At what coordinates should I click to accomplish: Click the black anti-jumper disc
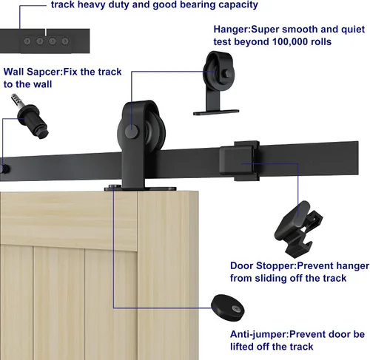pyautogui.click(x=227, y=308)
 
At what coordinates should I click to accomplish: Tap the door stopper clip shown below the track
pyautogui.click(x=298, y=228)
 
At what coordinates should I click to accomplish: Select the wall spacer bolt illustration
pyautogui.click(x=30, y=116)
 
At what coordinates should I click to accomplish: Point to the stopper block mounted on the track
pyautogui.click(x=240, y=160)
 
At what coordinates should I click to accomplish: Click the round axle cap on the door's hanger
pyautogui.click(x=132, y=132)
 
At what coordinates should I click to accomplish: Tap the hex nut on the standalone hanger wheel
pyautogui.click(x=226, y=73)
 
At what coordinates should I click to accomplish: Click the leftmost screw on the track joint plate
pyautogui.click(x=27, y=41)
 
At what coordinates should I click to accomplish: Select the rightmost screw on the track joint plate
pyautogui.click(x=65, y=41)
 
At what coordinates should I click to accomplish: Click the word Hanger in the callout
pyautogui.click(x=232, y=30)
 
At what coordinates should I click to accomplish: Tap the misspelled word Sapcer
pyautogui.click(x=44, y=72)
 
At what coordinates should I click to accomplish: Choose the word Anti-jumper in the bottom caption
pyautogui.click(x=259, y=334)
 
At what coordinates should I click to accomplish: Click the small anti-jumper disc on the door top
pyautogui.click(x=113, y=186)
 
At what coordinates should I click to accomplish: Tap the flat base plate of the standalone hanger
pyautogui.click(x=216, y=112)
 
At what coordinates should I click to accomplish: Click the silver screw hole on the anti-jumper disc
pyautogui.click(x=235, y=308)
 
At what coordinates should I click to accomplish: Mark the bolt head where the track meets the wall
pyautogui.click(x=5, y=169)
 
